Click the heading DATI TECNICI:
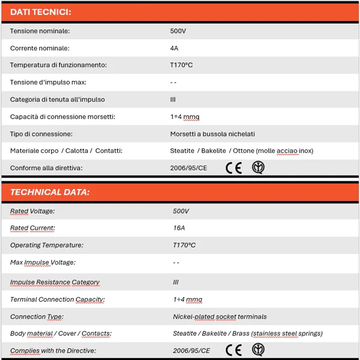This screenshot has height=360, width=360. point(41,12)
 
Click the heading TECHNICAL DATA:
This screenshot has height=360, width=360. point(50,193)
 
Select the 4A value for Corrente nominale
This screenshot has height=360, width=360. point(174,48)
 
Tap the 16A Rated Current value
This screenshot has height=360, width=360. point(179,228)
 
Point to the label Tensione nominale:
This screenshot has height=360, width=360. point(40,31)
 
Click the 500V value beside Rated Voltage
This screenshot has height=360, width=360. point(181,211)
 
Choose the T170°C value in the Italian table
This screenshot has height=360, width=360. point(181,65)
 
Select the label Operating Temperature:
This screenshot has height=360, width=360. point(47,245)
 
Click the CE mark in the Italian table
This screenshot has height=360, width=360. point(233,168)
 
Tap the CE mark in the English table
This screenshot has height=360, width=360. point(233,350)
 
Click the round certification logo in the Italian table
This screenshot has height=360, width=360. point(258,167)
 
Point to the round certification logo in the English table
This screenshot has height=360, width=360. point(258,350)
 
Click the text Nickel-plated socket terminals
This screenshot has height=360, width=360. point(220,316)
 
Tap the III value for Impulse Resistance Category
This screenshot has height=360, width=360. point(176,282)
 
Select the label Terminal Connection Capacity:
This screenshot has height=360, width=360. point(58,299)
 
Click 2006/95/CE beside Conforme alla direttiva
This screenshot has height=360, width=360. point(188,168)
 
